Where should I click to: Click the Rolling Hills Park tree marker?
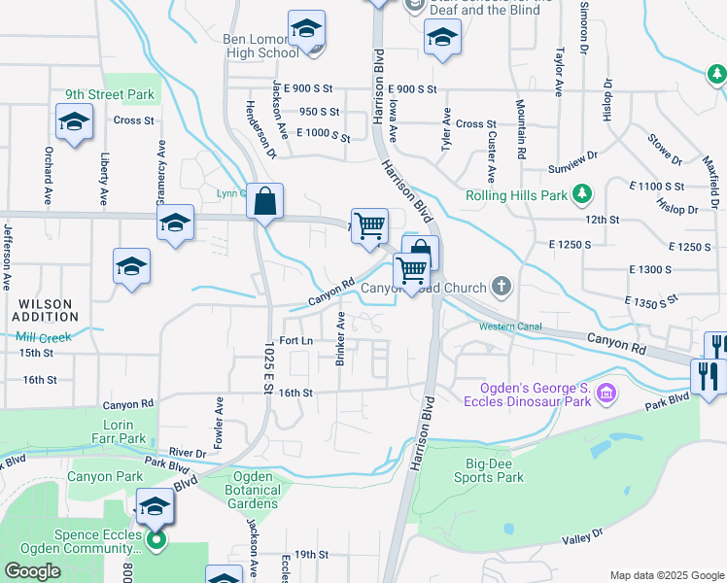click(x=583, y=195)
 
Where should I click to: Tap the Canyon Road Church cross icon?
click(x=502, y=286)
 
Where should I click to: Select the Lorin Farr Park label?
click(x=125, y=431)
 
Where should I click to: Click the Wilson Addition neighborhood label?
click(x=45, y=311)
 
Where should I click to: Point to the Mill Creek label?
click(x=44, y=337)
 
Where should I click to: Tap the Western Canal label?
click(x=510, y=326)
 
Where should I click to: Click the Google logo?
click(x=33, y=570)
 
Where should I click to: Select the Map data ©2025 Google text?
click(x=667, y=574)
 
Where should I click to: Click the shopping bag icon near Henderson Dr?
click(x=264, y=203)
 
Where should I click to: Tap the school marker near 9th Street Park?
click(x=74, y=123)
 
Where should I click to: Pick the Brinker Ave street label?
click(x=341, y=339)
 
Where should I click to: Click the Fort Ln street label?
click(x=295, y=341)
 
